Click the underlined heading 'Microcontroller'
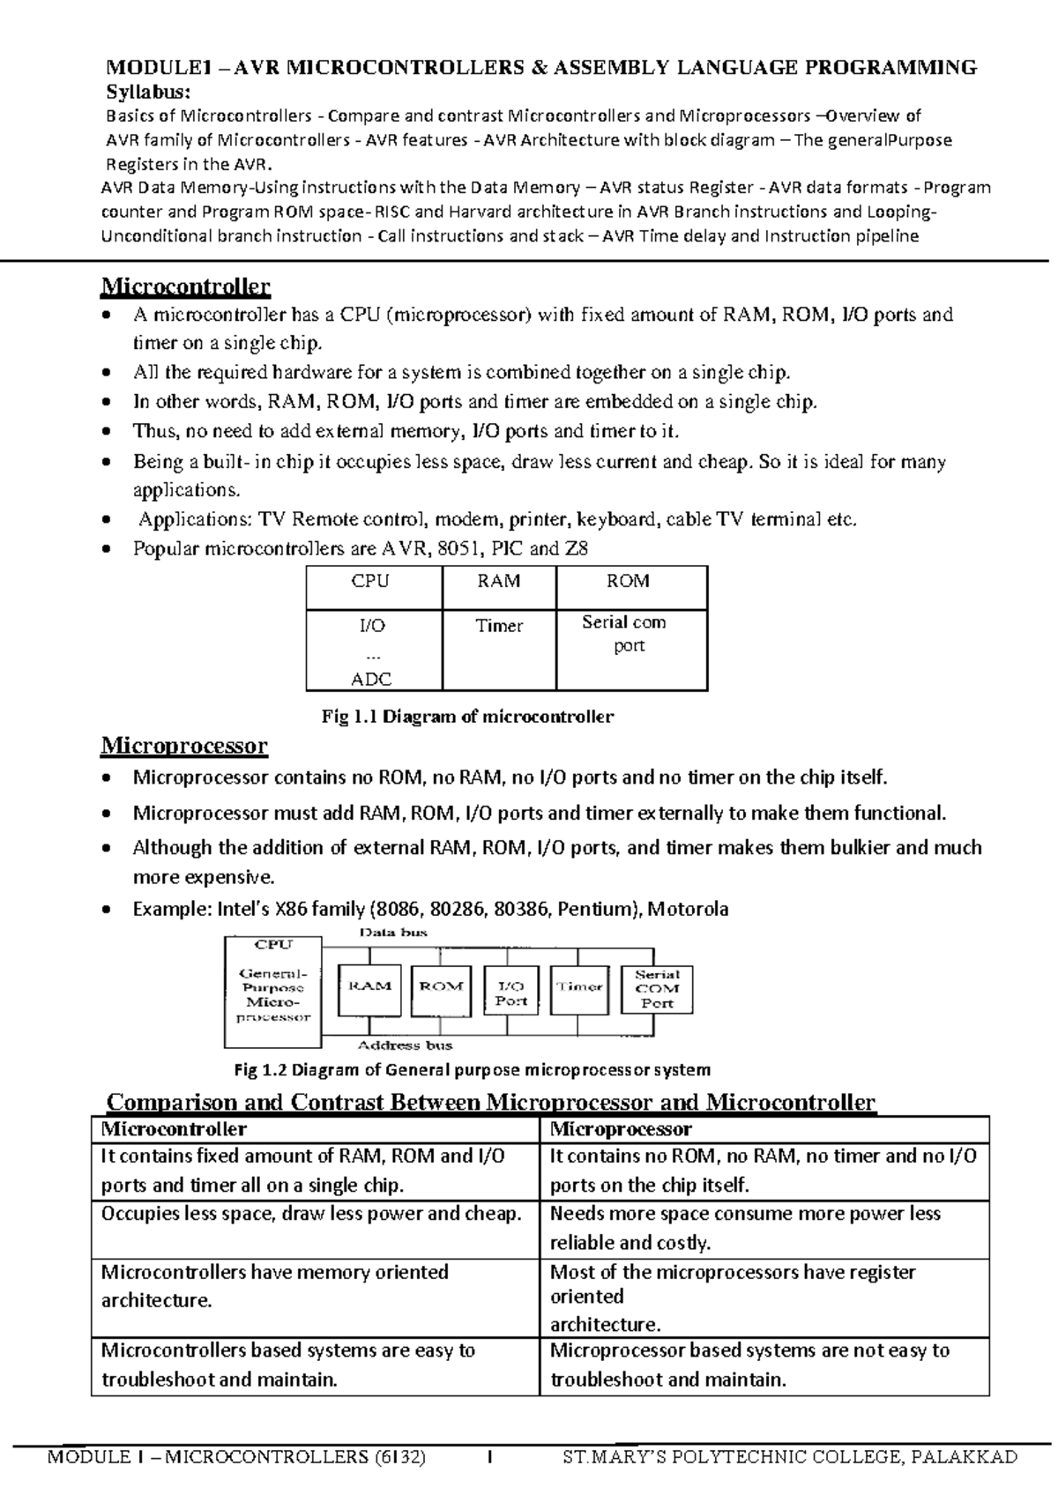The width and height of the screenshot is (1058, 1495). pyautogui.click(x=186, y=286)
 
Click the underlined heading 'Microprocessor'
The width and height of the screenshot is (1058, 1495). pyautogui.click(x=184, y=746)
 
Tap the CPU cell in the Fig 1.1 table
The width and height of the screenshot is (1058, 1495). pyautogui.click(x=370, y=582)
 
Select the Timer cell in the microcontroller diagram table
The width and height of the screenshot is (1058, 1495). pyautogui.click(x=499, y=627)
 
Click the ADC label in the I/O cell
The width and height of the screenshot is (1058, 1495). pyautogui.click(x=371, y=680)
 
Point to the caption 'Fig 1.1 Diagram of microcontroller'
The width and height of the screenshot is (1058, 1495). pyautogui.click(x=467, y=717)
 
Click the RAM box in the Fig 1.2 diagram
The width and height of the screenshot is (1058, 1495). pyautogui.click(x=370, y=986)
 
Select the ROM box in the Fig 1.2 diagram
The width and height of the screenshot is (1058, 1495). pyautogui.click(x=441, y=986)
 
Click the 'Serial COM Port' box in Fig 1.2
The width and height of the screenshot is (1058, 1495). pyautogui.click(x=657, y=988)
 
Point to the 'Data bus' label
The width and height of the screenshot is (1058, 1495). pyautogui.click(x=394, y=932)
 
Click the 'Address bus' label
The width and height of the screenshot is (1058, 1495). pyautogui.click(x=405, y=1045)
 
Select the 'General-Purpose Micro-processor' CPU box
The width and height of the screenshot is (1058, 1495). pyautogui.click(x=273, y=986)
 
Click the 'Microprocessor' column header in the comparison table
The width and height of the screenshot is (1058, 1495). pyautogui.click(x=621, y=1129)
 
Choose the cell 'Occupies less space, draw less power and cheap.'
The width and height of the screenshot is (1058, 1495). pyautogui.click(x=311, y=1214)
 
